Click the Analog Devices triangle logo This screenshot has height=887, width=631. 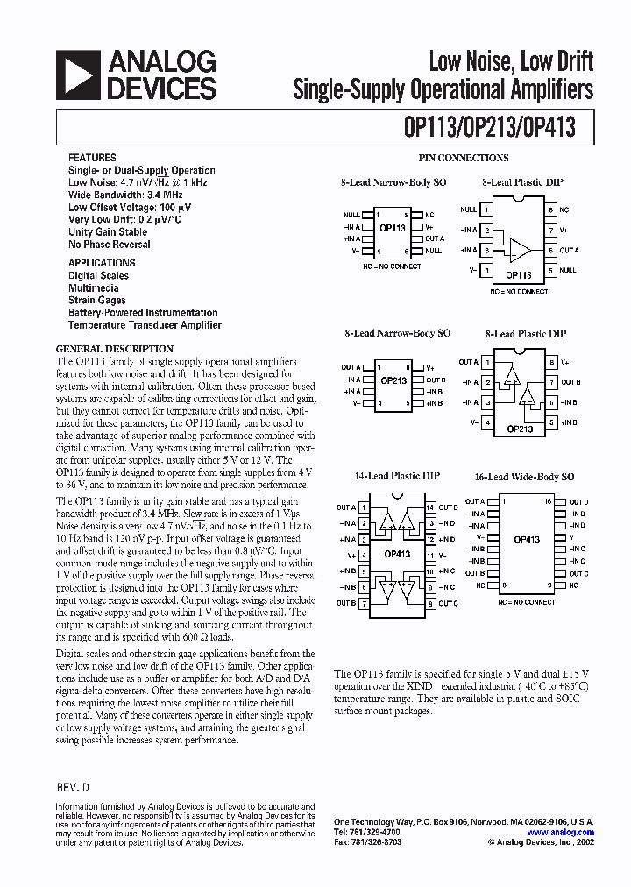(x=76, y=75)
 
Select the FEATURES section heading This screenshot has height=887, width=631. (x=92, y=157)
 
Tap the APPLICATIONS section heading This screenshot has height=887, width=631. (x=102, y=263)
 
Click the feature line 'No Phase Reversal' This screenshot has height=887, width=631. (x=110, y=245)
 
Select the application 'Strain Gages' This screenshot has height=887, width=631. (x=97, y=301)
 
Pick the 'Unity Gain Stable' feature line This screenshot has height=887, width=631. (x=108, y=232)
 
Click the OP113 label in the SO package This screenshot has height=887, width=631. (x=393, y=228)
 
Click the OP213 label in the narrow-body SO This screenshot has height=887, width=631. (x=393, y=381)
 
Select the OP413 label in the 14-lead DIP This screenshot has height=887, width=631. (x=396, y=555)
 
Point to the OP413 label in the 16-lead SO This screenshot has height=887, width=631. (x=527, y=540)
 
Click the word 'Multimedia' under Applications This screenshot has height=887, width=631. (x=94, y=287)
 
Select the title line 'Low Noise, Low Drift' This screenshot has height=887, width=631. (x=510, y=61)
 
